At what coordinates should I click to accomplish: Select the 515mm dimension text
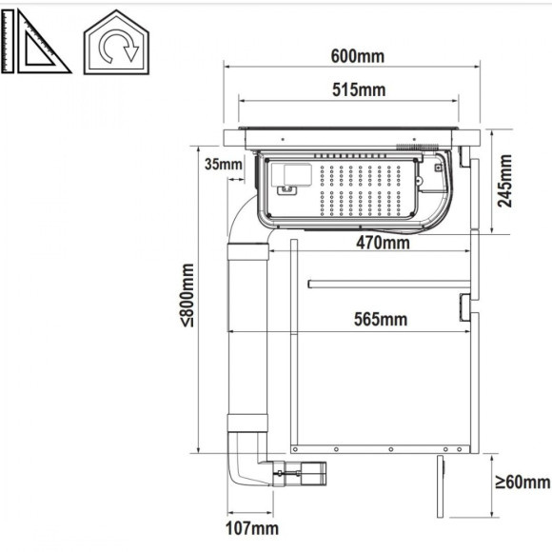(x=358, y=90)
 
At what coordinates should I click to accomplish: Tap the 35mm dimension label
(x=223, y=165)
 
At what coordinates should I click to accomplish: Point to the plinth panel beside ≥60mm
(x=441, y=487)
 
